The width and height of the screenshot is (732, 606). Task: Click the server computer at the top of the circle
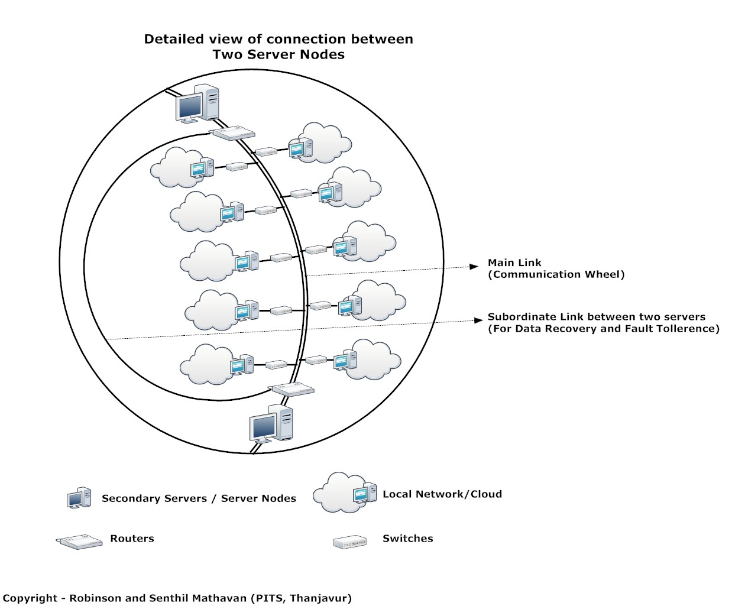(x=197, y=104)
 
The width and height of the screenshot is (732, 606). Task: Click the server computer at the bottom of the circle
(x=271, y=424)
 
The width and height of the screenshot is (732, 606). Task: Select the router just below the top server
(x=234, y=133)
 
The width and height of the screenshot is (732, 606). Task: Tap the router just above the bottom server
(x=291, y=389)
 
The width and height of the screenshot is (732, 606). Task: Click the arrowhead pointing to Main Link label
(x=474, y=267)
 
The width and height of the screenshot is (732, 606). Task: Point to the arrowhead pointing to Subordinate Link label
(x=479, y=320)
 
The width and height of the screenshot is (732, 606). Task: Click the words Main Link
(x=514, y=263)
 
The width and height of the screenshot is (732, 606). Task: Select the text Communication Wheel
(x=556, y=274)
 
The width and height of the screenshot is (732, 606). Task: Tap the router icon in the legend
(x=79, y=542)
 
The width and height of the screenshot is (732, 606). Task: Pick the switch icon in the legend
(x=350, y=542)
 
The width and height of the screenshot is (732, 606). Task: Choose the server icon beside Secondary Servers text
(x=79, y=498)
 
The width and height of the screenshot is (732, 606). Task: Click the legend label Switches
(x=407, y=539)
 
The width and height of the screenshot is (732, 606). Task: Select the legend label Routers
(x=132, y=539)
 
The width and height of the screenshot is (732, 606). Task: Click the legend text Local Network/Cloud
(x=442, y=494)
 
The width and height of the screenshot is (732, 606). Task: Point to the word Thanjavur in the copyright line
(x=320, y=598)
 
